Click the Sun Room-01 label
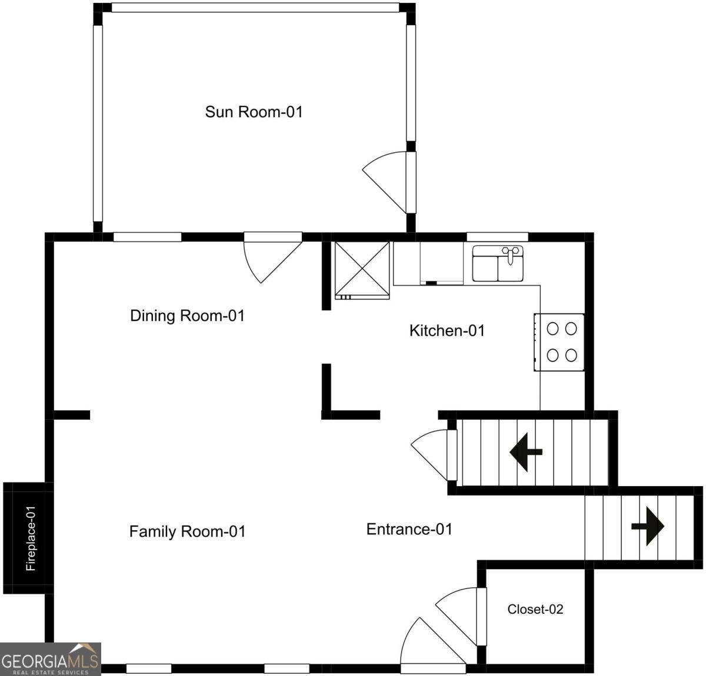(x=254, y=112)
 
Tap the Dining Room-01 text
(x=187, y=316)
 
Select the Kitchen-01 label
(x=447, y=330)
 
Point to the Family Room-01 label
(x=187, y=532)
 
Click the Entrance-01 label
(x=409, y=529)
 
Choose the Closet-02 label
(x=535, y=610)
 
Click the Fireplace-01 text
(x=31, y=538)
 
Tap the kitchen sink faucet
(x=510, y=254)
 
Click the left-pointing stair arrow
(x=526, y=452)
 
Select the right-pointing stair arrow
(x=648, y=526)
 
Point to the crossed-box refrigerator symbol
(x=362, y=270)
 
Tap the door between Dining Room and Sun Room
(x=272, y=257)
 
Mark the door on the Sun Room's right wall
(x=389, y=182)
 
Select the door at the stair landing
(x=434, y=455)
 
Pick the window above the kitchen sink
(x=497, y=237)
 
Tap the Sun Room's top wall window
(x=255, y=8)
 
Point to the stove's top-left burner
(x=552, y=329)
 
